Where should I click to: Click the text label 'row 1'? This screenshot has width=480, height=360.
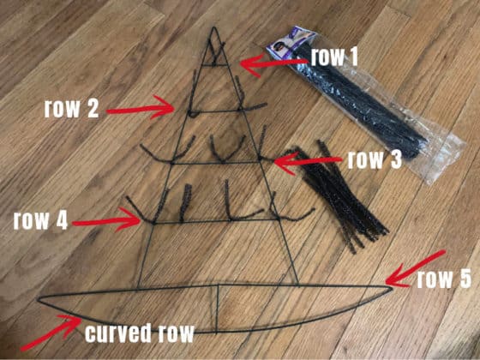tap(334, 57)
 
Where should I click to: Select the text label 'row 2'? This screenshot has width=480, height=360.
tap(73, 109)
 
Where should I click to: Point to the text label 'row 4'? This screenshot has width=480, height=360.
tap(40, 219)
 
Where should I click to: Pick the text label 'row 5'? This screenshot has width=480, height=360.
tap(443, 279)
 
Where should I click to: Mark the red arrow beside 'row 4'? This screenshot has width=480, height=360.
tap(108, 221)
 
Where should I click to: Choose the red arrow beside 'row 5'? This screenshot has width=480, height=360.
tap(416, 267)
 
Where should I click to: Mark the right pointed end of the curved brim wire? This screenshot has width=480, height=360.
tap(392, 286)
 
